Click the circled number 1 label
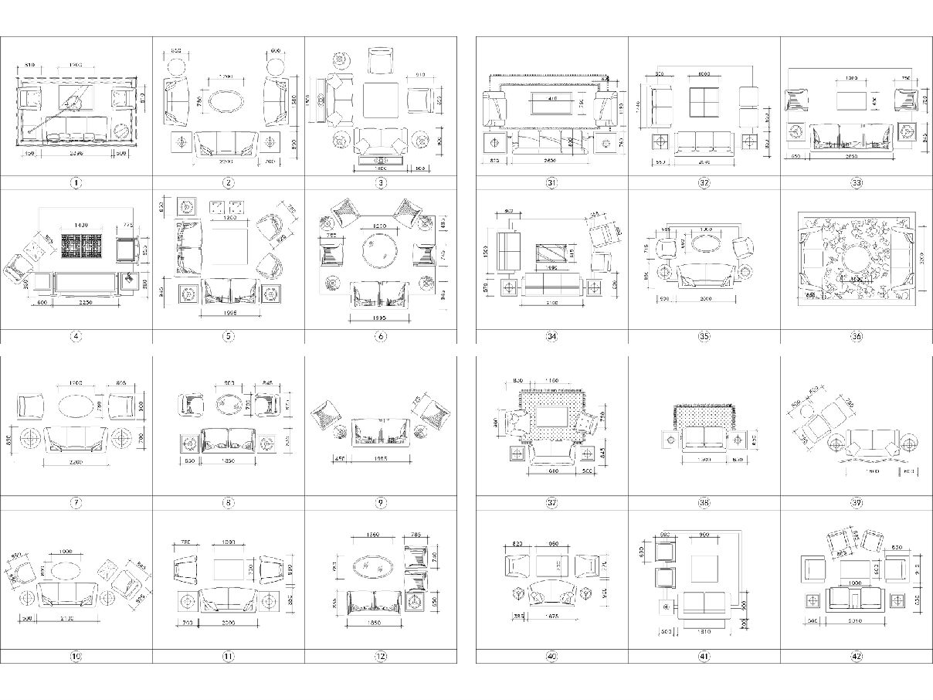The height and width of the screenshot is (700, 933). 76,183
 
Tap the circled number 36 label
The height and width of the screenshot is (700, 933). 857,337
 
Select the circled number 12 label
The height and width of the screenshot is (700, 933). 381,657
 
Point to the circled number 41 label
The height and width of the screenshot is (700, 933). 704,657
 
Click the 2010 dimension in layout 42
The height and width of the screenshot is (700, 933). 854,620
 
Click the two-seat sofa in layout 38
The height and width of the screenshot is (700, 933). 704,439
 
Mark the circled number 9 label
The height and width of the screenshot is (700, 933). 381,503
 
